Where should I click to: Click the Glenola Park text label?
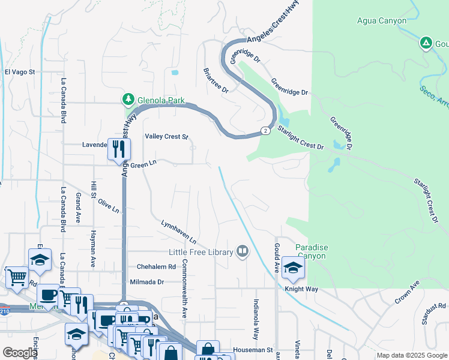pos(160,101)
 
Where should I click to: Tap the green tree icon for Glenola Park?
pos(128,99)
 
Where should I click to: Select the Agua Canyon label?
pos(380,21)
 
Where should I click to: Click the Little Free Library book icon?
pos(243,251)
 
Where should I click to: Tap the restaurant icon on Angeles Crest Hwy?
pos(118,148)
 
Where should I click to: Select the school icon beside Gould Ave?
pos(293,268)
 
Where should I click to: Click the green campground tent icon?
pos(426,43)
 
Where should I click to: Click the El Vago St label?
pos(20,72)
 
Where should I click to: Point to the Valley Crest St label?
pos(167,137)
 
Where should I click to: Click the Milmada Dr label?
pos(147,281)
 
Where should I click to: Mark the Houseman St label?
pos(256,349)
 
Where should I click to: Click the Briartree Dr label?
pos(216,80)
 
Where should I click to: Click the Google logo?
pos(20,353)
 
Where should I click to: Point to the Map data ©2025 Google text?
pos(411,355)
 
